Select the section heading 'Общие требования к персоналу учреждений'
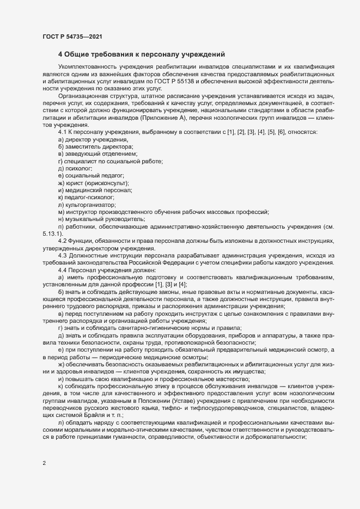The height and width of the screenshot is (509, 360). pos(143,54)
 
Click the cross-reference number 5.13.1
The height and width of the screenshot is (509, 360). pos(51,233)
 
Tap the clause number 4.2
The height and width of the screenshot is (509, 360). pos(62,241)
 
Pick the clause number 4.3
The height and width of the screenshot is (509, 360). pos(62,255)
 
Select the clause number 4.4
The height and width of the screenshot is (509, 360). pos(62,270)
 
